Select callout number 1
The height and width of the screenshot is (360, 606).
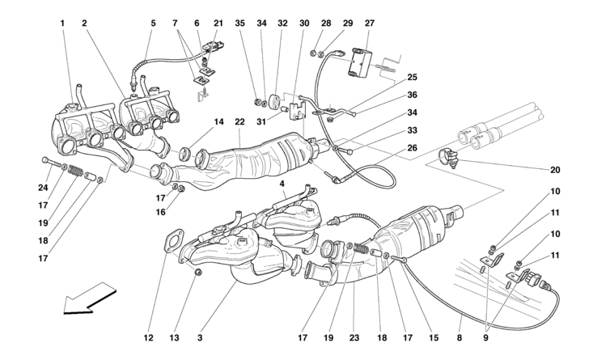tap(62, 23)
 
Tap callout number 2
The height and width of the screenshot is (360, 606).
tap(84, 23)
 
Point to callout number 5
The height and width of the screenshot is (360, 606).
tap(152, 23)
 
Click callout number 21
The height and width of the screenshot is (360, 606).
tap(218, 23)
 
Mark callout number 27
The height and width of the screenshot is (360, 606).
tap(370, 23)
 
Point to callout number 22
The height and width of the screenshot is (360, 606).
tap(239, 122)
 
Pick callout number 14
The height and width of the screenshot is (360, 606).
tap(218, 122)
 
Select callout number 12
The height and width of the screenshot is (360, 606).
tap(149, 337)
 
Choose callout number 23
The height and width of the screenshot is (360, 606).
tap(354, 337)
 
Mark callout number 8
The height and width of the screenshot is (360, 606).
tap(459, 337)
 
